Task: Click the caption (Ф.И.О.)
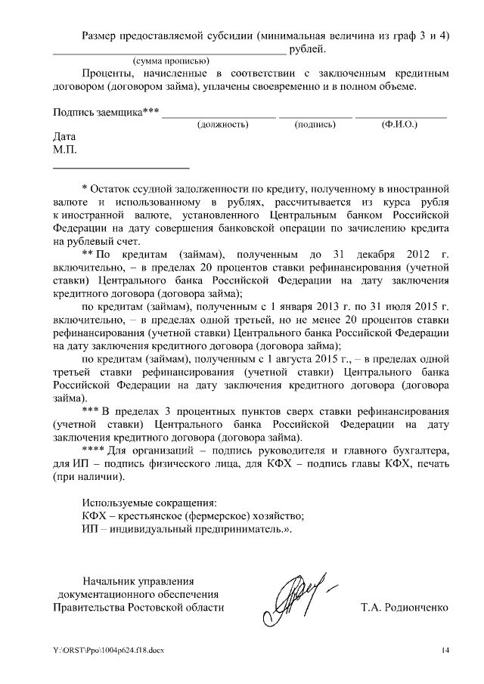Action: tap(400, 123)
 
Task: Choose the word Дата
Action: tap(65, 138)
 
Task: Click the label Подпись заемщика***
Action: tap(106, 113)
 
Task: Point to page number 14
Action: tap(445, 651)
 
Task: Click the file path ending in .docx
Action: tap(108, 651)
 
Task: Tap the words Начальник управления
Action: tap(138, 581)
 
